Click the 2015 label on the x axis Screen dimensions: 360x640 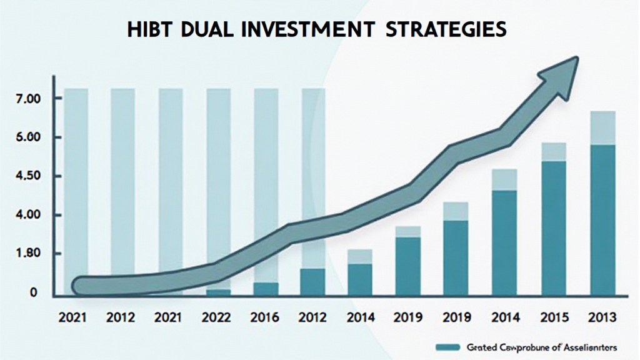[554, 317]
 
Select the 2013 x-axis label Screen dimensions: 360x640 [602, 317]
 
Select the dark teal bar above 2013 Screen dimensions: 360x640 [602, 219]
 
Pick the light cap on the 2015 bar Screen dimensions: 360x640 [554, 152]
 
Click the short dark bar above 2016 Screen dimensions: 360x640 [266, 288]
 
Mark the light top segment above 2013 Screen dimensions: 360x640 [602, 128]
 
